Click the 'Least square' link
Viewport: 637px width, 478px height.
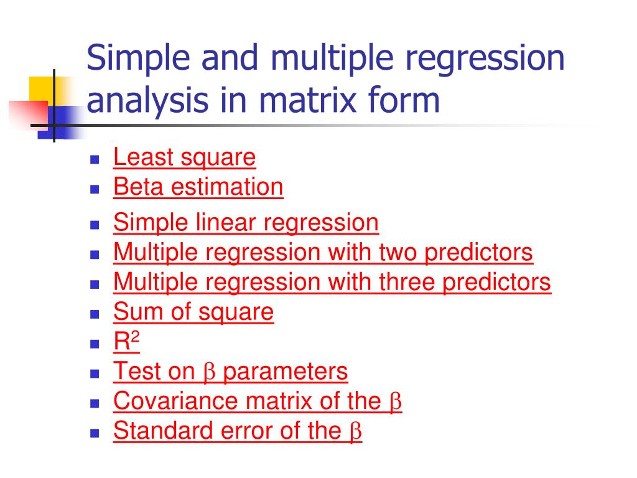tap(184, 157)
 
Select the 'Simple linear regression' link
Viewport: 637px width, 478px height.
tap(246, 223)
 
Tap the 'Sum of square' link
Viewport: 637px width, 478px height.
tap(193, 312)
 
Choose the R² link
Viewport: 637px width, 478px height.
tap(126, 341)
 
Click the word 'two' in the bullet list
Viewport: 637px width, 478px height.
tap(398, 253)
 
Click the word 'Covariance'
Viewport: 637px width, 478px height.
tap(176, 401)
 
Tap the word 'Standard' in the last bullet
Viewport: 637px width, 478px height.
tap(164, 431)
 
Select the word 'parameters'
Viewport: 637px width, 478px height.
tap(285, 372)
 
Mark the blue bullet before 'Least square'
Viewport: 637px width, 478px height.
tap(95, 159)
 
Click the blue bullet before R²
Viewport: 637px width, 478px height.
tap(95, 344)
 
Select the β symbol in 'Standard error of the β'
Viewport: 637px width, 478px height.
tap(355, 432)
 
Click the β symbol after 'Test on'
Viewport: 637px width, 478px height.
tap(209, 372)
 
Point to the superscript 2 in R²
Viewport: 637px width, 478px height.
tap(135, 337)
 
